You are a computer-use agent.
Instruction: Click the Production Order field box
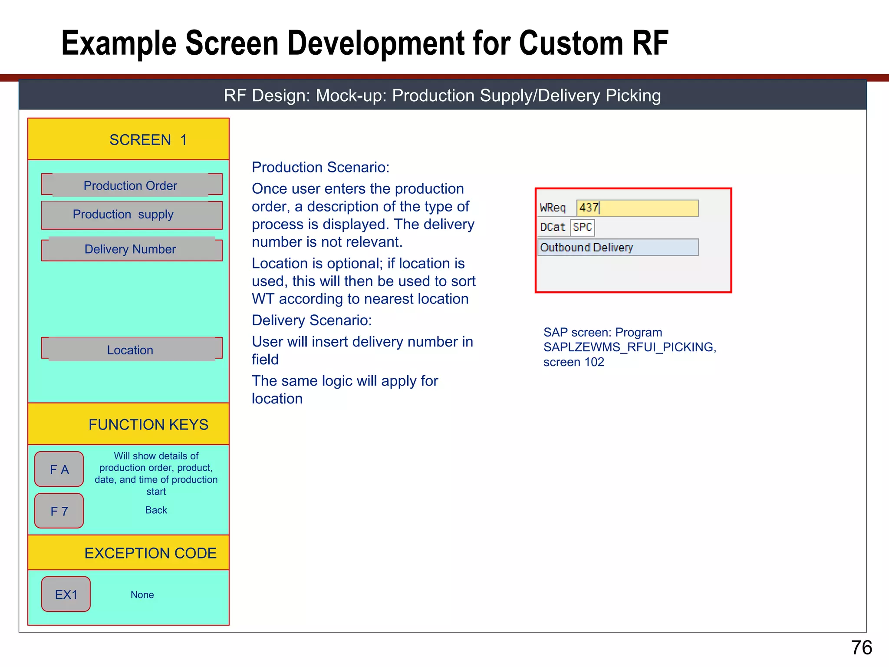[132, 185]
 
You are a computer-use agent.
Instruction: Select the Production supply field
[132, 215]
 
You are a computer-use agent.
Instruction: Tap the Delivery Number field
[132, 249]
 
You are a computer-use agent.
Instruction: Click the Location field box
[132, 350]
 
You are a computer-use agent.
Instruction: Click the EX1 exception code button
[66, 594]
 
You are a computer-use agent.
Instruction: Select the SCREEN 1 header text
[148, 140]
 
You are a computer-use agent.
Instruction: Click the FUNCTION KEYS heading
[148, 424]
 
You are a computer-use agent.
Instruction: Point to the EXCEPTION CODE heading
[150, 553]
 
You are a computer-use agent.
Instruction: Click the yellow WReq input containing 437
[637, 208]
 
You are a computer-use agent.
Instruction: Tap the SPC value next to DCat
[582, 227]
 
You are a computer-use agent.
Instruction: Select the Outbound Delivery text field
[618, 248]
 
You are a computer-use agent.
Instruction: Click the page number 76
[861, 647]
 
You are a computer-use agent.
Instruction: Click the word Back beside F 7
[156, 510]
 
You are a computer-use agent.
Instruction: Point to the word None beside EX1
[142, 594]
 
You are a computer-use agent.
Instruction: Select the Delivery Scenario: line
[312, 320]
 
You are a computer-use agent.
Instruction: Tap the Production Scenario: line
[320, 167]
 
